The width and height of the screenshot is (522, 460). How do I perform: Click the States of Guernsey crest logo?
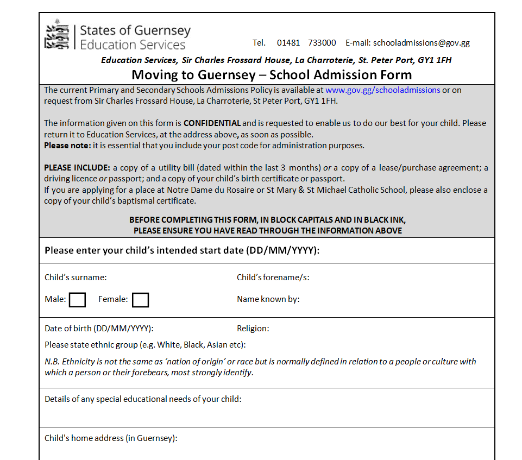(58, 35)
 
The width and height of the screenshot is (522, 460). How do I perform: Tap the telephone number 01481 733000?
(306, 43)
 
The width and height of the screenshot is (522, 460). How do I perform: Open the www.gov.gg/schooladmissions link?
(382, 90)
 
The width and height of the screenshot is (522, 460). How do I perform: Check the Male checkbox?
(77, 299)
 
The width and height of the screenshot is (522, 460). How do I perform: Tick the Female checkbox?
(140, 299)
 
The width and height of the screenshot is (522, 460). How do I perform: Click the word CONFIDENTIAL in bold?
(212, 123)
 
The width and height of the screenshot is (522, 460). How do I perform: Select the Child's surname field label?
(76, 278)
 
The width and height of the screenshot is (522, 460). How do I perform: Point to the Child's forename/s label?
(273, 278)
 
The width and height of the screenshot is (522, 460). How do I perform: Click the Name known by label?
(268, 299)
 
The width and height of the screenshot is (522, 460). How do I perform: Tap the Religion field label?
(253, 329)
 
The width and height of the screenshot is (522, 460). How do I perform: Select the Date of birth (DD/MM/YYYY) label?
(99, 329)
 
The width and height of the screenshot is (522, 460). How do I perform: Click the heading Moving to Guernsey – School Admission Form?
(272, 75)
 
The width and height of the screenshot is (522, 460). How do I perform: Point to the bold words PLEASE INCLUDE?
(77, 168)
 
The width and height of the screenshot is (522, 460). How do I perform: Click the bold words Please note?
(67, 146)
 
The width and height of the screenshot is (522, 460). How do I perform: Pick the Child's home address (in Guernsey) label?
(111, 438)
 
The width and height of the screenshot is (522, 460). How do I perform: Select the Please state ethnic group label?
(145, 345)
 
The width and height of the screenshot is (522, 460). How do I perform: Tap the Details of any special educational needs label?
(143, 399)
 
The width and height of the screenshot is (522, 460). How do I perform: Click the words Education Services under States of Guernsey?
(133, 45)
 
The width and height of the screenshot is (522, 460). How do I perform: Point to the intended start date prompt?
(182, 251)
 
